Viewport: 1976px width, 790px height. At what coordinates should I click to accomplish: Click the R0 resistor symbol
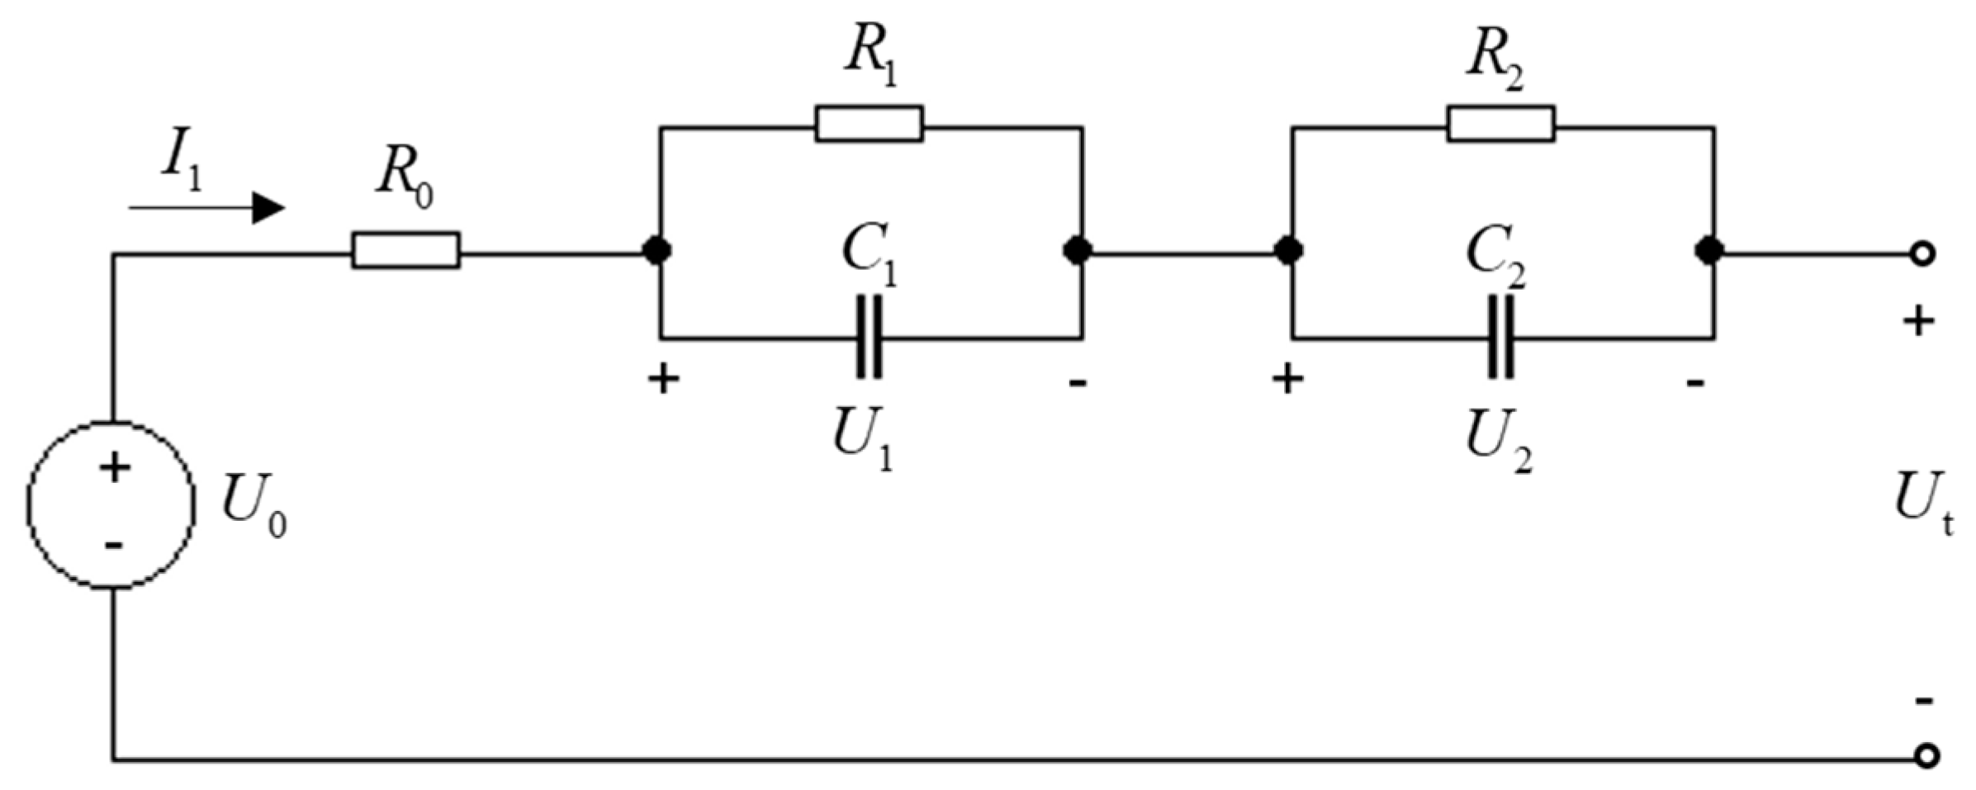click(405, 250)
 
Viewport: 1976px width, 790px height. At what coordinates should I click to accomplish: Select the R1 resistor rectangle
click(869, 124)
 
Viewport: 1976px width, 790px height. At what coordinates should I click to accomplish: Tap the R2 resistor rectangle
click(1500, 124)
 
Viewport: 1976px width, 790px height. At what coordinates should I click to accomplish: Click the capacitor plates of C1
click(869, 337)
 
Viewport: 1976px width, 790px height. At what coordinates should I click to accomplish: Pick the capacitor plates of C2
click(1500, 337)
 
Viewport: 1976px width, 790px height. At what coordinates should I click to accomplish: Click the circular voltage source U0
click(111, 505)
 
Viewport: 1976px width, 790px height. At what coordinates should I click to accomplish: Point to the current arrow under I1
click(206, 208)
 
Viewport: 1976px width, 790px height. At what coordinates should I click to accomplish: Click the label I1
click(181, 162)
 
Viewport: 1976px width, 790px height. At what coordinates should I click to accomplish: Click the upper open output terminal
click(1922, 254)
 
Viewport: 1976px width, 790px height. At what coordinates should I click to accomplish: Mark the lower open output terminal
click(1926, 756)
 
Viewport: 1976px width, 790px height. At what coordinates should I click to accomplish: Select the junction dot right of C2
click(1708, 250)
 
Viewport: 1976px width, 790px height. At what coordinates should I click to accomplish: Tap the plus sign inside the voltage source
click(115, 469)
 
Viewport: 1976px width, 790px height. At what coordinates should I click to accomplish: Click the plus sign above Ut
click(1918, 322)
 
